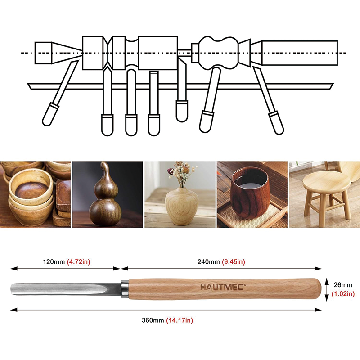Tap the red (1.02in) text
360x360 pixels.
(343, 294)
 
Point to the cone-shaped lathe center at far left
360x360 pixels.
(56, 53)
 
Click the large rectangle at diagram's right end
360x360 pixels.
(299, 53)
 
